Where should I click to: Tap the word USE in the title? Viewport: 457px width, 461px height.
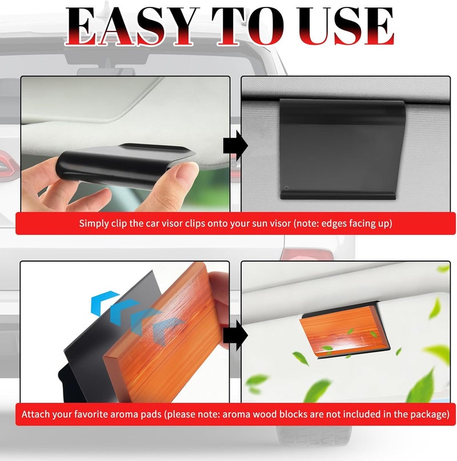click(x=346, y=26)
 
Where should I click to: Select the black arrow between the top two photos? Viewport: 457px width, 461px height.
click(x=235, y=146)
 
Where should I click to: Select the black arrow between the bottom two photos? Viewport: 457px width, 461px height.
click(x=235, y=335)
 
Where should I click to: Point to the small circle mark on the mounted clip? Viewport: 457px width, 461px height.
click(x=286, y=188)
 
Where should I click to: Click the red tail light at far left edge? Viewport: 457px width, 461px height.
click(x=9, y=165)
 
